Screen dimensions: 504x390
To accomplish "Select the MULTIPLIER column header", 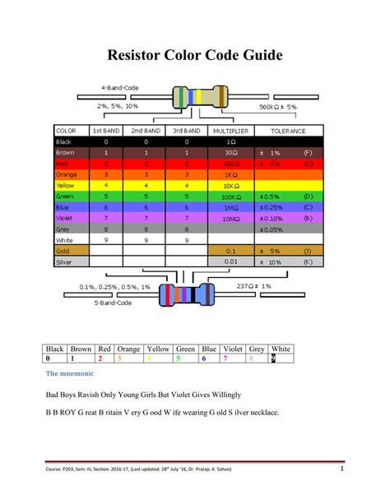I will pyautogui.click(x=230, y=130).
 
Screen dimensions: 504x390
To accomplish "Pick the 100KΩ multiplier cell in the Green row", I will pyautogui.click(x=230, y=197).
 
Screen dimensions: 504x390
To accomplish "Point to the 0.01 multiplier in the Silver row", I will pyautogui.click(x=230, y=261).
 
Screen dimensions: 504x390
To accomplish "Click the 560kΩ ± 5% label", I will pyautogui.click(x=278, y=107).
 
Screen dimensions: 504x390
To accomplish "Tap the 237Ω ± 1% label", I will pyautogui.click(x=254, y=286).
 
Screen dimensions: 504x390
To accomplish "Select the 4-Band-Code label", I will pyautogui.click(x=119, y=87).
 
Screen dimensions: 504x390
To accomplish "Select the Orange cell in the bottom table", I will pyautogui.click(x=128, y=348).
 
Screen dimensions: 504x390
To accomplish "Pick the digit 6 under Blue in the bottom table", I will pyautogui.click(x=203, y=358).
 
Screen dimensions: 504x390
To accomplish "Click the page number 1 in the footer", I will pyautogui.click(x=341, y=469).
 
